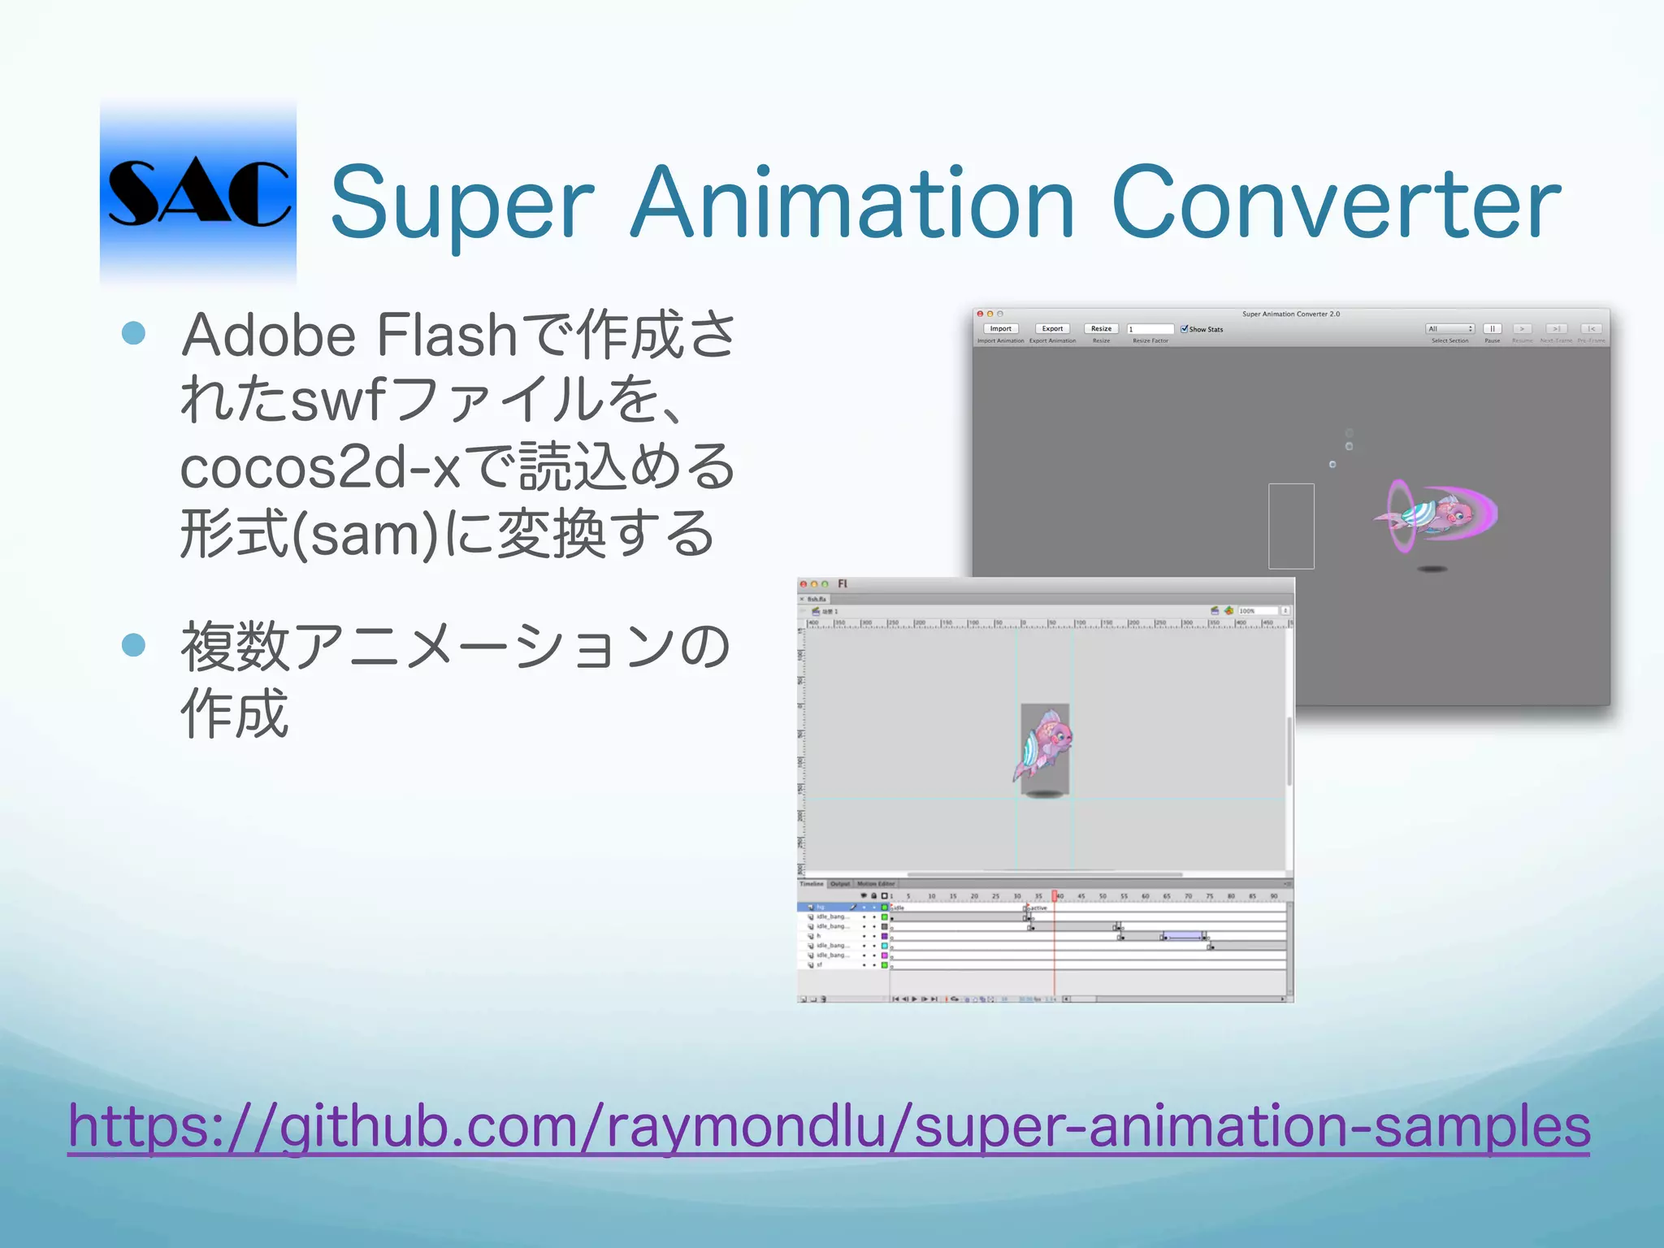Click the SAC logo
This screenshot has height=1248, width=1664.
pyautogui.click(x=198, y=193)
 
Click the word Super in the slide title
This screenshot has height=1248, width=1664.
pyautogui.click(x=462, y=203)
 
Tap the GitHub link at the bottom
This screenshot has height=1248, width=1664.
pyautogui.click(x=829, y=1126)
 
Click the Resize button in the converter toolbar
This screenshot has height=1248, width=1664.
pyautogui.click(x=1101, y=329)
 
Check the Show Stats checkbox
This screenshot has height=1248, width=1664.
pyautogui.click(x=1184, y=329)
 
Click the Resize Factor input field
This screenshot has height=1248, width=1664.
pyautogui.click(x=1150, y=329)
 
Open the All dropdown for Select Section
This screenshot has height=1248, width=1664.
pyautogui.click(x=1449, y=329)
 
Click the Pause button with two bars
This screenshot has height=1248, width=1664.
pyautogui.click(x=1492, y=329)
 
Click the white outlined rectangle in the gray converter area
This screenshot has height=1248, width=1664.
pyautogui.click(x=1291, y=526)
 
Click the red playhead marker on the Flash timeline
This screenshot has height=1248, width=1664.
pyautogui.click(x=1055, y=895)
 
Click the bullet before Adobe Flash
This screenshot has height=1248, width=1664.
pyautogui.click(x=133, y=333)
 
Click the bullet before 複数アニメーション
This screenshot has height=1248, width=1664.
pyautogui.click(x=133, y=645)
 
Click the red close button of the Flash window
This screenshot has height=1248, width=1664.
pyautogui.click(x=803, y=584)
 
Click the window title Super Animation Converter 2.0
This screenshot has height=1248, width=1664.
pyautogui.click(x=1290, y=314)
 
